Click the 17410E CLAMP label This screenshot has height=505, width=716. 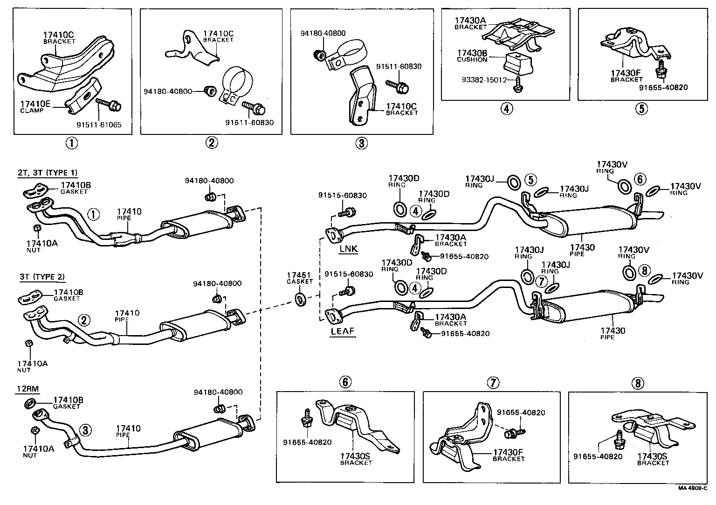[34, 106]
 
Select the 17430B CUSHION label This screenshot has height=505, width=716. [472, 56]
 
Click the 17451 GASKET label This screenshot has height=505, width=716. [300, 278]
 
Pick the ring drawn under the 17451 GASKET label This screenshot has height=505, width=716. [300, 299]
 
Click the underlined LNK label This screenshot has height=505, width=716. [348, 249]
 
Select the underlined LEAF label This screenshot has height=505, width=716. [343, 331]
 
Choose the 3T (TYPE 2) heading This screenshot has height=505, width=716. [42, 277]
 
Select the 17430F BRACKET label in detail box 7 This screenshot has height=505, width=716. [509, 455]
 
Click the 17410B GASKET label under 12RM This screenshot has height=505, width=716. [68, 402]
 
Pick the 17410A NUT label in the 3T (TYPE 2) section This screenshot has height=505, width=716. [32, 366]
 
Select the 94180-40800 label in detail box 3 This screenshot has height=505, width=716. [323, 34]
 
